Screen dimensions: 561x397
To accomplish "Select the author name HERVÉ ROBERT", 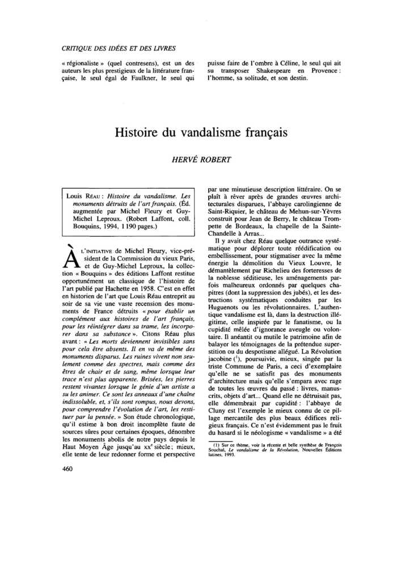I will [x=198, y=159].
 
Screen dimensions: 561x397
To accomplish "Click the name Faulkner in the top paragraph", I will [x=141, y=78].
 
